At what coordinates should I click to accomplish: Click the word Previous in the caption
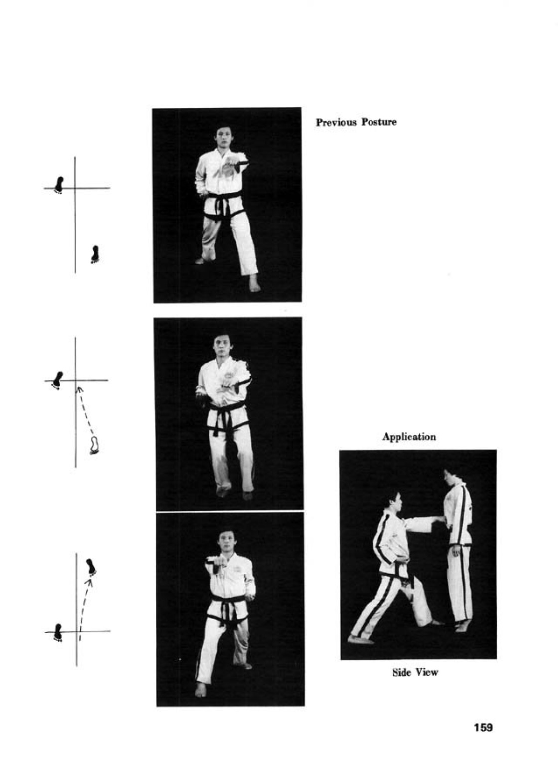(x=337, y=122)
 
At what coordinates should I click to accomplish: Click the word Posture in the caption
(x=379, y=122)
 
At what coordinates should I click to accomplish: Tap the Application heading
(x=409, y=437)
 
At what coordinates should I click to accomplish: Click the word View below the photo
(x=426, y=672)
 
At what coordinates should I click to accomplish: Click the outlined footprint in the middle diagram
(x=94, y=445)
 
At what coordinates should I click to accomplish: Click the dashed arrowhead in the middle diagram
(x=79, y=389)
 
